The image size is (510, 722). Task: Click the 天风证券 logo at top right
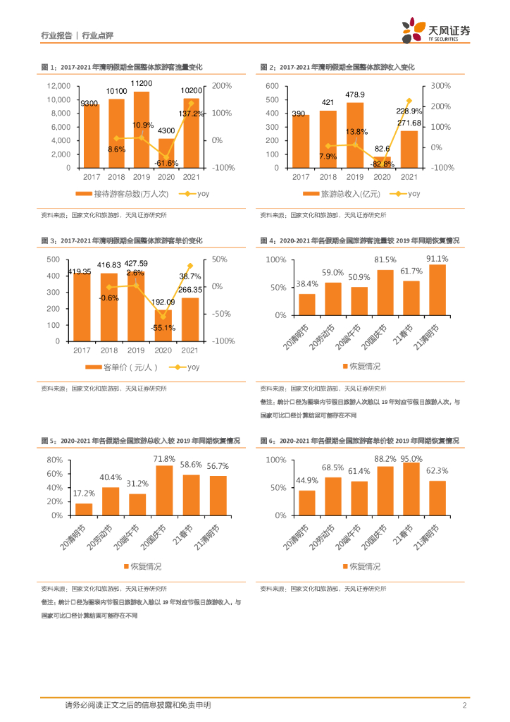(435, 30)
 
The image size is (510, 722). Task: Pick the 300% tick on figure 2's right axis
(441, 85)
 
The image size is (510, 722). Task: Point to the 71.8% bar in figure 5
(165, 490)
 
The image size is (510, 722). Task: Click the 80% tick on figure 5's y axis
(55, 459)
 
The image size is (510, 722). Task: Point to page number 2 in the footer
(465, 705)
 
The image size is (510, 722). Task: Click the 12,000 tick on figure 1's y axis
(57, 85)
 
